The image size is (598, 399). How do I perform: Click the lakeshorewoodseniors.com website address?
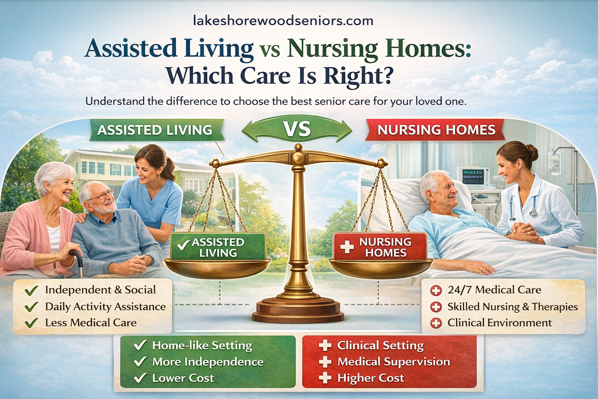283,20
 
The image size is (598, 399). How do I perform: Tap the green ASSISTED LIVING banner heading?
155,130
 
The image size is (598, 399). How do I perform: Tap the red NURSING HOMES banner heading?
436,130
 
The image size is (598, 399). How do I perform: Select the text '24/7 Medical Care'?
494,290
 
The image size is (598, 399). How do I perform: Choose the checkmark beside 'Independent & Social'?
31,290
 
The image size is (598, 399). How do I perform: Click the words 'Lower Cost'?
183,378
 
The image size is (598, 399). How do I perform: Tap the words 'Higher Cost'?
370,378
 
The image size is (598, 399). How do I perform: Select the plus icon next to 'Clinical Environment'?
436,323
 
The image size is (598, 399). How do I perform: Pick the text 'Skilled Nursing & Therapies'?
512,307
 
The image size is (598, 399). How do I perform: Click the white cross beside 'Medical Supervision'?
325,362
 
